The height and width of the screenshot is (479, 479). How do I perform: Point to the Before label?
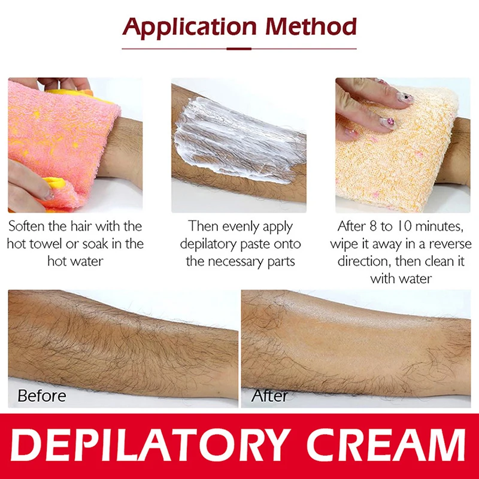(x=42, y=396)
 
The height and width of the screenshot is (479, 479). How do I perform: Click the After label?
(x=269, y=396)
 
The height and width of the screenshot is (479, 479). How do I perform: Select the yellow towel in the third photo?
(x=389, y=162)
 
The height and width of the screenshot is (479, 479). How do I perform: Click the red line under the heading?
(x=239, y=48)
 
